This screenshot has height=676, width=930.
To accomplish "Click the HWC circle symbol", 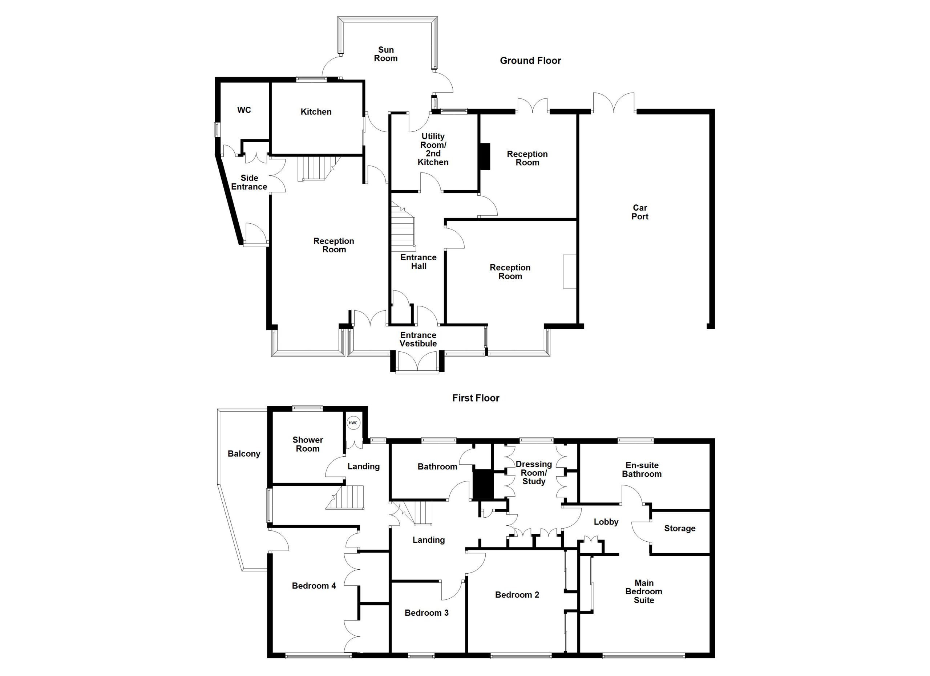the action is (353, 423).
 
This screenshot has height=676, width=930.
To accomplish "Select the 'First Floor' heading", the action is (476, 398).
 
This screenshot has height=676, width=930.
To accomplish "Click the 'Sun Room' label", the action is (385, 54).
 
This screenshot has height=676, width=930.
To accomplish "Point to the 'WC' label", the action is (244, 110).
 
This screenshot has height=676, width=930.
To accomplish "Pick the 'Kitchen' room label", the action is (316, 111).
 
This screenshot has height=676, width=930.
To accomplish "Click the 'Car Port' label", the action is (640, 212).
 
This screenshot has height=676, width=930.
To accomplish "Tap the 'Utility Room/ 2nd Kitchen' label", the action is (433, 149).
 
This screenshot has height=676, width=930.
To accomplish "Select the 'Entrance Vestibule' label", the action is (418, 339).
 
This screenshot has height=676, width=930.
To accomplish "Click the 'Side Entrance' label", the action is (249, 182).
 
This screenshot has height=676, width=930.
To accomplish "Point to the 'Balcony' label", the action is (244, 453).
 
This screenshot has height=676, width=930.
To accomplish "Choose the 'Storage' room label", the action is (680, 528).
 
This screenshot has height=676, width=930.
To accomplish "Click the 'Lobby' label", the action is (606, 522).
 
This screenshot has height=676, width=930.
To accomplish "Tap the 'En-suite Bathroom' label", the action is (642, 469).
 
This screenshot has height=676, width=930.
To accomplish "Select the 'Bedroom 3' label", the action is (426, 612).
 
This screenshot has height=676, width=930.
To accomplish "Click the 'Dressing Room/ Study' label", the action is (534, 472).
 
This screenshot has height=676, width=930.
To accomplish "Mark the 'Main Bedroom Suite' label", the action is (644, 591).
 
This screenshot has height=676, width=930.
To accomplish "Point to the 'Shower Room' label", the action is (308, 444).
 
